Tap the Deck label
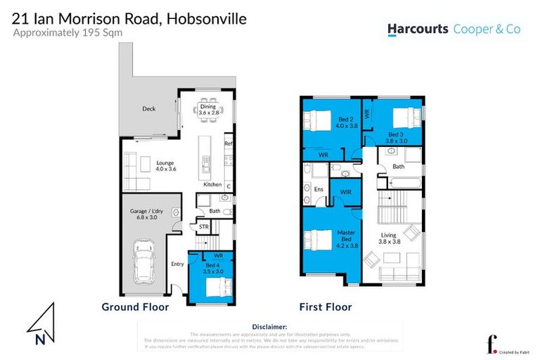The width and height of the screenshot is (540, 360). click(x=148, y=109)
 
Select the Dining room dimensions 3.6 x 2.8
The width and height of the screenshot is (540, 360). click(x=209, y=112)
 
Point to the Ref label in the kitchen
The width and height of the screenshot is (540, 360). click(x=228, y=144)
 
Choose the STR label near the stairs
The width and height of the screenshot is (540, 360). click(x=203, y=227)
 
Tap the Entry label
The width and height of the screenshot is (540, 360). click(x=177, y=264)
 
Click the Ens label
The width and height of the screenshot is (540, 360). click(x=318, y=188)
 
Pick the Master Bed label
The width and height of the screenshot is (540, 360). click(x=345, y=236)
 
